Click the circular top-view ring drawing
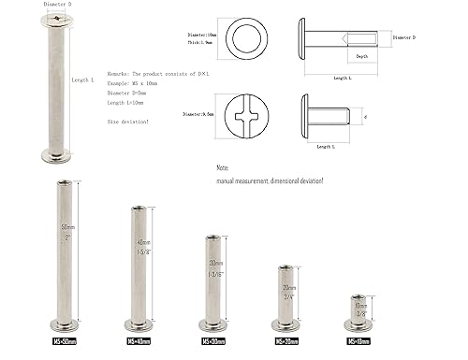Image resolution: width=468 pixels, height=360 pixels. (251, 39)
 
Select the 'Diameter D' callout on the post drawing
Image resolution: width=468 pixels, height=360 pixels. (403, 37)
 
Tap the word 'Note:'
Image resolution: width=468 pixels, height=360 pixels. (223, 167)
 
